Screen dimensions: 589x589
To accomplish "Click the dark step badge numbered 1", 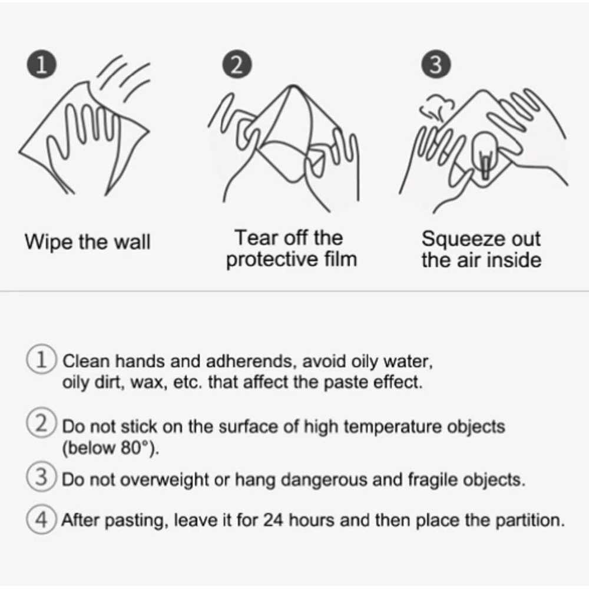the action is coord(42,64).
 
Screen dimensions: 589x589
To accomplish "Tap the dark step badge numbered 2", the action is coord(237,64).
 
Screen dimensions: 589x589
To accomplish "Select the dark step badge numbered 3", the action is coord(436,64).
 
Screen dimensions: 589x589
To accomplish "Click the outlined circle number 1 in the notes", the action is coord(42,359).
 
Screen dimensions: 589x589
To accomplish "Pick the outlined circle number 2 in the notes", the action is coord(42,423).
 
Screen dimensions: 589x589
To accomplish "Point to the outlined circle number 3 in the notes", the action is coord(42,477).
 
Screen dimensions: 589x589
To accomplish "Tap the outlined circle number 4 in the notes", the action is coord(42,519).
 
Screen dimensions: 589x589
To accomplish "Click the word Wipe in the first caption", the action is coord(49,242).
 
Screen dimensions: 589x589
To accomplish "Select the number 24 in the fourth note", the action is coord(273,520).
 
